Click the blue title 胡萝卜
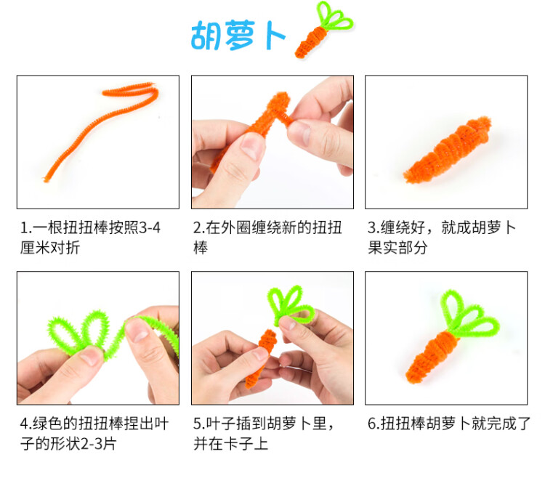click(x=238, y=34)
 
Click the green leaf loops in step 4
click(x=87, y=331)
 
